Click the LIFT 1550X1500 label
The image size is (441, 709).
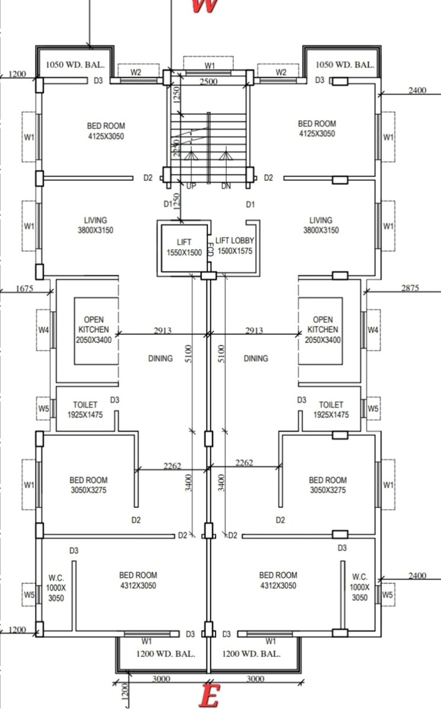coord(184,247)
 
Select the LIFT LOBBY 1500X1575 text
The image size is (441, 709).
coord(234,245)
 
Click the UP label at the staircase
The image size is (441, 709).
coord(191,186)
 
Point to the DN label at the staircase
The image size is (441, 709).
coord(226,186)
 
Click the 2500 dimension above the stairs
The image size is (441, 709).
coord(209,82)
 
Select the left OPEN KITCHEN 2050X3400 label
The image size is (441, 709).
coord(92,330)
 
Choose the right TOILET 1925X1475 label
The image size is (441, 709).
coord(331,410)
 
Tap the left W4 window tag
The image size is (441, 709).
coord(43,330)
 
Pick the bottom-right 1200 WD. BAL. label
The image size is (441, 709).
coord(251,654)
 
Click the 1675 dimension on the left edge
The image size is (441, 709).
coord(25,289)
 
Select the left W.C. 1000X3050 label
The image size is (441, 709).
coord(56,587)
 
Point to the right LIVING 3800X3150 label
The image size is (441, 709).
coord(321,225)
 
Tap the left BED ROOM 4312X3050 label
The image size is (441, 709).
coord(138,580)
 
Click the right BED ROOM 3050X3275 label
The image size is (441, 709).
coord(327,485)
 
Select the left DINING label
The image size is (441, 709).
coord(160,358)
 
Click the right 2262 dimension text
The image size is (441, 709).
coord(244,463)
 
